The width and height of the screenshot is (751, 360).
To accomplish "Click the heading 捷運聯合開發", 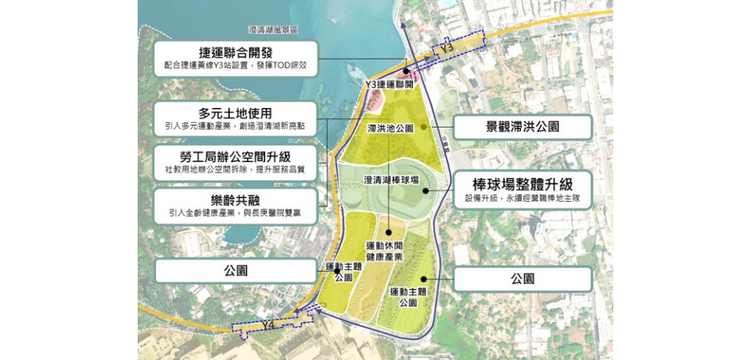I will (235, 53).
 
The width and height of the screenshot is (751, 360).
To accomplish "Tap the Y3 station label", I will (447, 49).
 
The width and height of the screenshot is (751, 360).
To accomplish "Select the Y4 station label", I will (268, 324).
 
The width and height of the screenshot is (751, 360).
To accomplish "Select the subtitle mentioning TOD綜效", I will (235, 67).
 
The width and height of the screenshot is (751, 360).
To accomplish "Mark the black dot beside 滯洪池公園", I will (423, 127).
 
